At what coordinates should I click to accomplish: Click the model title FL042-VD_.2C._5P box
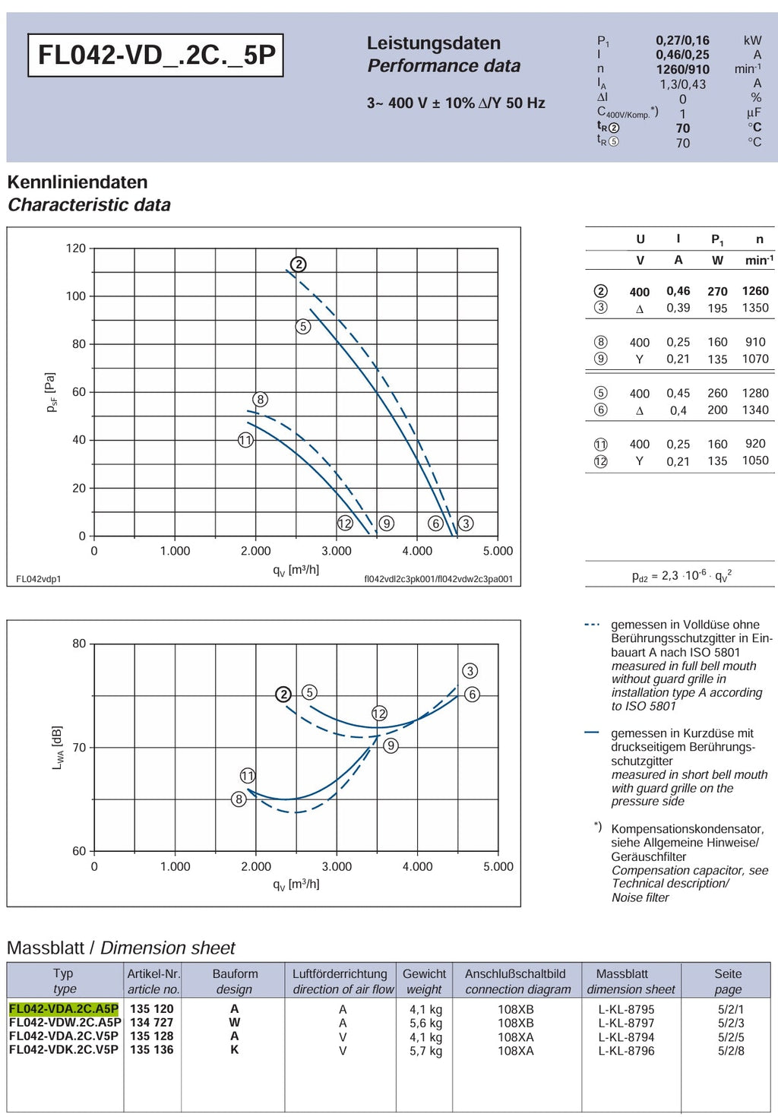pos(156,55)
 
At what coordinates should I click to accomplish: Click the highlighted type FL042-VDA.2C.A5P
pos(64,1009)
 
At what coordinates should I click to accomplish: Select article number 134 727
pos(152,1022)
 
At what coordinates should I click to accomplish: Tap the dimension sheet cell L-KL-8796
pos(626,1051)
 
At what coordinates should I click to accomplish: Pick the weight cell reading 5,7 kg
pos(426,1051)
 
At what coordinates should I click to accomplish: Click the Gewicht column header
pos(425,973)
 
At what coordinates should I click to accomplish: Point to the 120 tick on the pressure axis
pos(76,248)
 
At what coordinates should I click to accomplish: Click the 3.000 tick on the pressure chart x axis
pos(337,551)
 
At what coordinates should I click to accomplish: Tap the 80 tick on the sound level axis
pos(79,644)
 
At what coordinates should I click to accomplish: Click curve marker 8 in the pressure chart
pos(261,400)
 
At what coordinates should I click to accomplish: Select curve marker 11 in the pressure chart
pos(245,440)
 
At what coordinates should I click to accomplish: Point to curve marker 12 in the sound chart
pos(379,713)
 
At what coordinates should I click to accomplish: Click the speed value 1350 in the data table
pos(755,308)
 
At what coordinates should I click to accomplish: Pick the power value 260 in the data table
pos(717,393)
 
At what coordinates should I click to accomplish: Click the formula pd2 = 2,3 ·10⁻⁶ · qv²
pos(682,575)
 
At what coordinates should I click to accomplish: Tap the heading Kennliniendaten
pos(77,182)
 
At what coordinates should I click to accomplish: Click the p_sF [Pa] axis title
pos(51,392)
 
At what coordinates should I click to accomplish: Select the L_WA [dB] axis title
pos(57,748)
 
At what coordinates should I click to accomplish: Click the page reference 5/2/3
pos(731,1023)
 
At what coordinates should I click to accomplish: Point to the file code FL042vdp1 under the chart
pos(39,579)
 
